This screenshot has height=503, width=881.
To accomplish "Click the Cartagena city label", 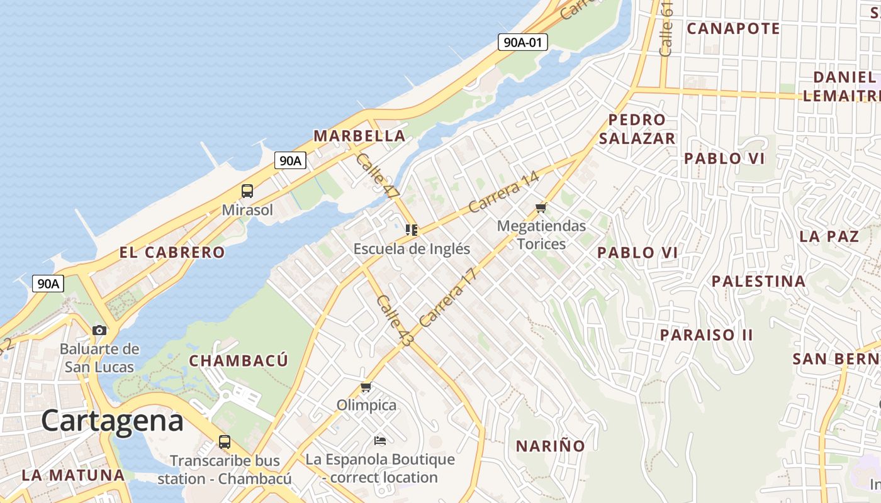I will (x=113, y=421).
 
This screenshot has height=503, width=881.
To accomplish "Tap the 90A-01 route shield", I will (x=522, y=42).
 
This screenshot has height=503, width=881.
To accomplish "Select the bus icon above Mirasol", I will (x=247, y=191).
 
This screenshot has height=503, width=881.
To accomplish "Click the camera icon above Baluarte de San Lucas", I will (x=99, y=330).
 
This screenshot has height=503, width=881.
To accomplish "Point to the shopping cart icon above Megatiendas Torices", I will (x=541, y=207).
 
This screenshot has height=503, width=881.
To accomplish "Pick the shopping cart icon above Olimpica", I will (x=366, y=387).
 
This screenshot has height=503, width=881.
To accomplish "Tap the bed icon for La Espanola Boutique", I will (x=380, y=440).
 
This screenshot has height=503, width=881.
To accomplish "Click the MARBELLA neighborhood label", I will (x=359, y=136).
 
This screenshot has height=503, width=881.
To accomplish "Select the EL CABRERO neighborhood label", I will (x=172, y=252).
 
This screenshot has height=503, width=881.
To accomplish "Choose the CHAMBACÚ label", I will (x=238, y=360).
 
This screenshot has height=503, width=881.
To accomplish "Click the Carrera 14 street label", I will (x=503, y=192).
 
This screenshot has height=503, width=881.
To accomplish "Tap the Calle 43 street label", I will (x=395, y=320).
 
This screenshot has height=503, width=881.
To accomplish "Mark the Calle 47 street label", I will (x=377, y=176).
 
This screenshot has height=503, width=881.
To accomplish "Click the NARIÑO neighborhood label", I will (x=551, y=446).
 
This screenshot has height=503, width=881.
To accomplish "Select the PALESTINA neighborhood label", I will (x=758, y=281).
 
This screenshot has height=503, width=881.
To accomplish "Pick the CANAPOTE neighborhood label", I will (x=733, y=28).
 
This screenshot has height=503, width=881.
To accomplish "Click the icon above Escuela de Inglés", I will (x=412, y=230).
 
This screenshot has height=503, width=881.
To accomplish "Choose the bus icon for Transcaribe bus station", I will (x=225, y=441).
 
